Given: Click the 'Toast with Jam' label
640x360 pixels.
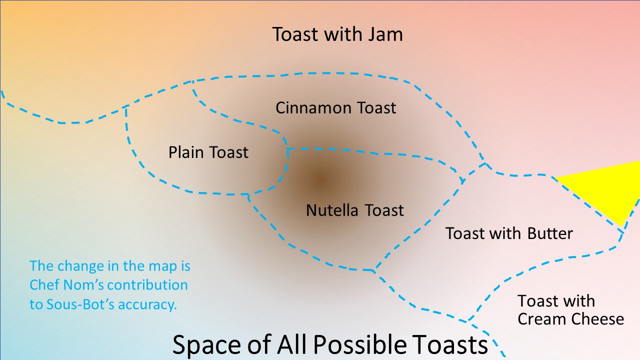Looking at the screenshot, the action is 337,34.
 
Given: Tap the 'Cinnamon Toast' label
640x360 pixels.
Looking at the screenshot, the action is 335,108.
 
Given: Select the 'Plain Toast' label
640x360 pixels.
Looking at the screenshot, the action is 208,152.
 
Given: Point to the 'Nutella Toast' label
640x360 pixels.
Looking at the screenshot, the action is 355,210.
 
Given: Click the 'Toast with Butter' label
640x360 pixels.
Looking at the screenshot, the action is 509,233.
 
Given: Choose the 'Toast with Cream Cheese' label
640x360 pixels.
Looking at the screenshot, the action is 570,310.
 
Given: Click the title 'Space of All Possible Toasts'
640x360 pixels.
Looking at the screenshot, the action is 330,345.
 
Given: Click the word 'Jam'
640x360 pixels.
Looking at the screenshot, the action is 385,34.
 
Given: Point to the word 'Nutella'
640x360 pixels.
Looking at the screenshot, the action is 332,210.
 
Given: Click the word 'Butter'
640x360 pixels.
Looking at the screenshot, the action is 550,233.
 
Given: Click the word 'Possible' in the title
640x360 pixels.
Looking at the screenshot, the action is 360,345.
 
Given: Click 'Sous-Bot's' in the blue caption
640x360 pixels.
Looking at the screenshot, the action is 80,304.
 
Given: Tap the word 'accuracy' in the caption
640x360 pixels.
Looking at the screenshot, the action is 147,305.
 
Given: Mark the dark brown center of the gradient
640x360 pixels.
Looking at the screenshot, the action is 320,179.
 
